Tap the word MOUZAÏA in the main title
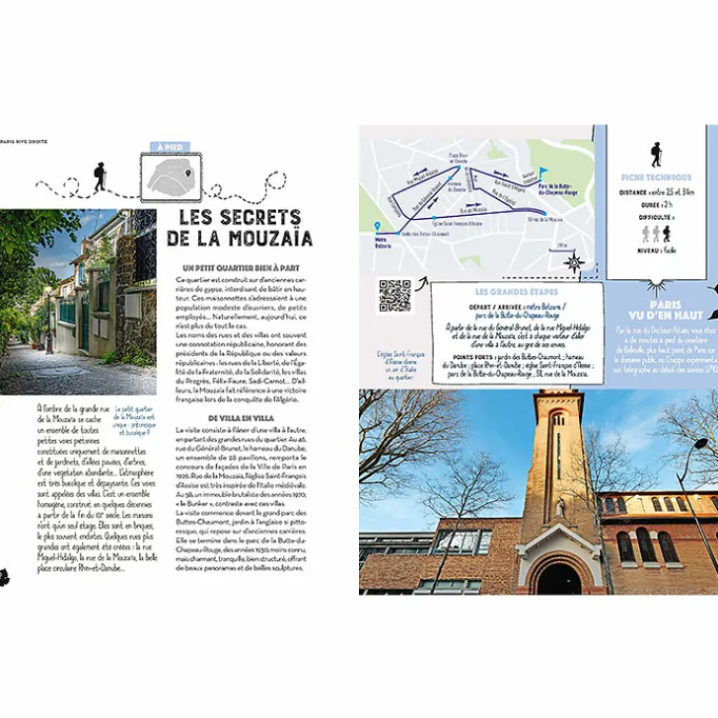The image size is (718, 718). click(269, 239)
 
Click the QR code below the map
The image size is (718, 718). click(395, 296)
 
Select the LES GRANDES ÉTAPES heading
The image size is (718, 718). click(516, 292)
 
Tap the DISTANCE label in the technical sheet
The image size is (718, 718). click(635, 192)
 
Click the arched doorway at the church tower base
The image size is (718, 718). click(558, 577)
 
